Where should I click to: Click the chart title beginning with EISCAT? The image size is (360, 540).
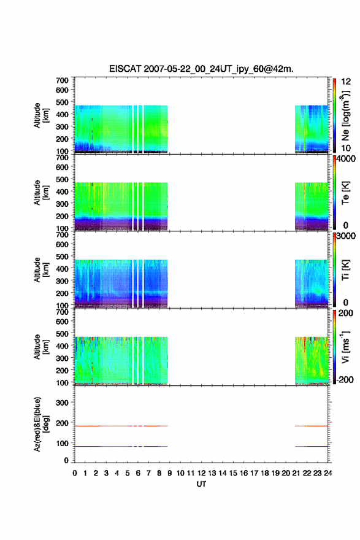pyautogui.click(x=201, y=69)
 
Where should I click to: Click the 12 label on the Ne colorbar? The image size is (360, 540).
pyautogui.click(x=346, y=82)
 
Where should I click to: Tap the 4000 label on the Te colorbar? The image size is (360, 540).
pyautogui.click(x=346, y=159)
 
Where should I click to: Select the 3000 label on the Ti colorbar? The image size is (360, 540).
pyautogui.click(x=346, y=236)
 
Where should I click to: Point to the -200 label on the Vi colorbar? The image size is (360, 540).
pyautogui.click(x=345, y=379)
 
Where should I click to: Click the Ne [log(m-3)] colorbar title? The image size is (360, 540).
pyautogui.click(x=345, y=116)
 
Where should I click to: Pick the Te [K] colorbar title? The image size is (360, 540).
pyautogui.click(x=345, y=193)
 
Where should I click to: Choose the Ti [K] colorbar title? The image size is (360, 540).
pyautogui.click(x=345, y=269)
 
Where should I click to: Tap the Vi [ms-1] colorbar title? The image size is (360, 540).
pyautogui.click(x=345, y=347)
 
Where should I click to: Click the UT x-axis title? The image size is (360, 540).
pyautogui.click(x=201, y=484)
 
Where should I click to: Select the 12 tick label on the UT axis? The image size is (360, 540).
pyautogui.click(x=201, y=473)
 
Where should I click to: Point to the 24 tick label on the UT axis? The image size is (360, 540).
pyautogui.click(x=327, y=473)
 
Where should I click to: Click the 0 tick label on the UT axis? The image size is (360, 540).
pyautogui.click(x=75, y=473)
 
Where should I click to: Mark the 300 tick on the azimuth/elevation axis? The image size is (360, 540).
pyautogui.click(x=63, y=403)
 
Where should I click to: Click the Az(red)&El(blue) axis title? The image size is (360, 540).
pyautogui.click(x=41, y=424)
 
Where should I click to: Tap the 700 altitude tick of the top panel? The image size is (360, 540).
pyautogui.click(x=63, y=80)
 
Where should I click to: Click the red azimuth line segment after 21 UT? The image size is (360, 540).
pyautogui.click(x=312, y=426)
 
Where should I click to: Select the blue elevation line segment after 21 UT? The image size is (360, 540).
pyautogui.click(x=312, y=446)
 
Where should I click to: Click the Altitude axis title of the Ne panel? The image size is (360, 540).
pyautogui.click(x=41, y=115)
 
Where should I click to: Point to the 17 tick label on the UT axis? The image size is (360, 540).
pyautogui.click(x=254, y=473)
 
